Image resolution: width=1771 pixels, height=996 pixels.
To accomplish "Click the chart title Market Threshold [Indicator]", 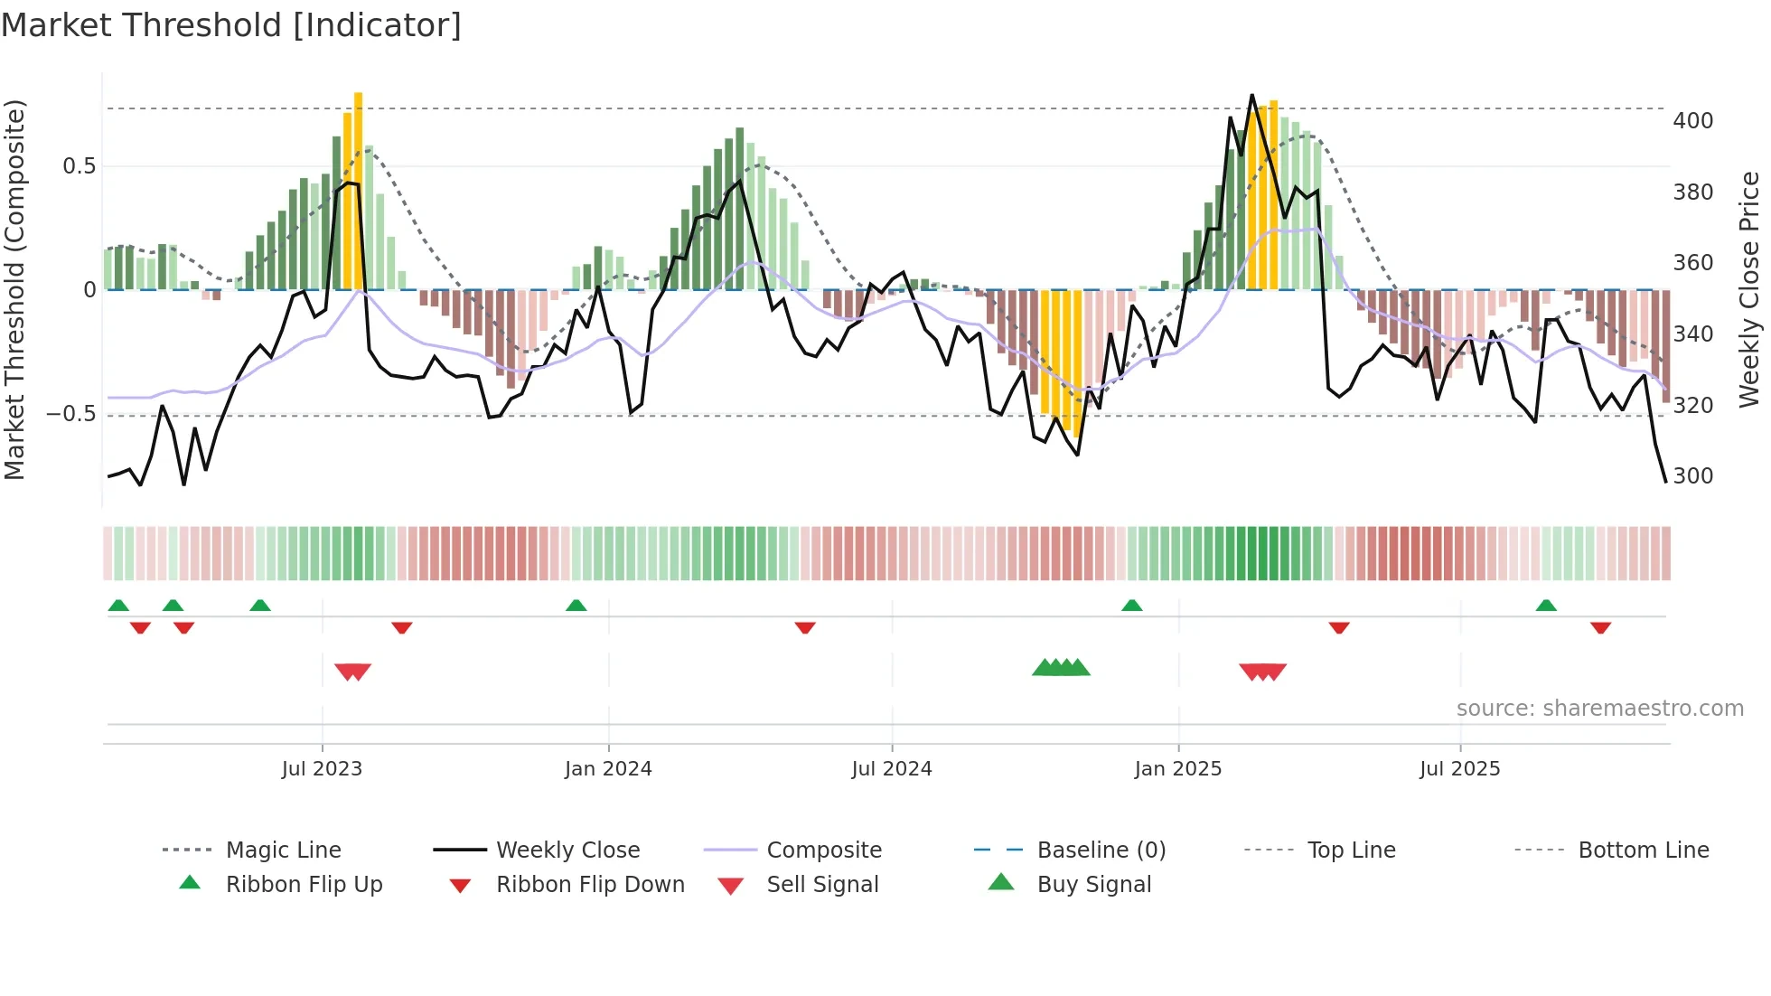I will pos(231,25).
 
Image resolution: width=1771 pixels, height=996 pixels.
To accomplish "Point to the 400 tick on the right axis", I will pos(1692,121).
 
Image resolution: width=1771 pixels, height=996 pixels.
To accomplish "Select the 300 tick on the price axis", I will pos(1692,476).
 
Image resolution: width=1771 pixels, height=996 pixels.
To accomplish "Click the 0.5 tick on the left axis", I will pos(79,166).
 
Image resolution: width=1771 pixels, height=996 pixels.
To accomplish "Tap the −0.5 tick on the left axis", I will pos(71,414).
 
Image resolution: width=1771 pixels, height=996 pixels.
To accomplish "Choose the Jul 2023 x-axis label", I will pos(322,769).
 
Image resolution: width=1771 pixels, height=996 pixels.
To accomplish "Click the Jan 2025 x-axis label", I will pos(1177,769).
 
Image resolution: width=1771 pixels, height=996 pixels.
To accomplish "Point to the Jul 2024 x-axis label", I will pos(891,769).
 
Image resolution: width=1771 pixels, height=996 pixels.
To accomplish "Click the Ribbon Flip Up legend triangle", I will pos(190,883).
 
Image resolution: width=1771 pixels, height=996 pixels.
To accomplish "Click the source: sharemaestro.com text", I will pos(1599,709).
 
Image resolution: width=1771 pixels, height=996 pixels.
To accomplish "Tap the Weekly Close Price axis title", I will pos(1749,289).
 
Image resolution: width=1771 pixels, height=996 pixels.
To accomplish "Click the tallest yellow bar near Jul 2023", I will pos(359,190).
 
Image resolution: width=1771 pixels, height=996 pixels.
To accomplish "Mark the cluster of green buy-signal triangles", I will pos(1061,668).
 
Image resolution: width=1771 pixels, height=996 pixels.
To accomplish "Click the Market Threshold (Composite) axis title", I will pos(14,289).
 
